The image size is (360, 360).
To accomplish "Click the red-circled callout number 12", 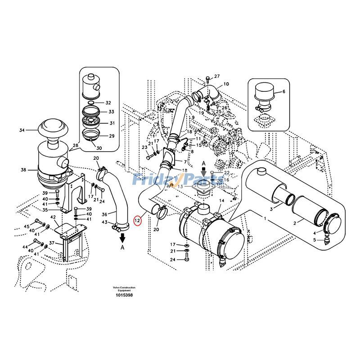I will click(x=138, y=220).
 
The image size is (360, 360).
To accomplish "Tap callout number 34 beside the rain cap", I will click(x=22, y=130).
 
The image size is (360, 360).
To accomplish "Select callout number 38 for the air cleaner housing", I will click(x=23, y=170).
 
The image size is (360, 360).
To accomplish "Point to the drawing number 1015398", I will click(x=124, y=295).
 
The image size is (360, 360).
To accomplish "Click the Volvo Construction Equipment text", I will click(x=124, y=289).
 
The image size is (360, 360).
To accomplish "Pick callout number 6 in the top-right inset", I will click(x=283, y=92).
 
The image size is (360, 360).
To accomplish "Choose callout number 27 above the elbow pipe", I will click(x=216, y=76).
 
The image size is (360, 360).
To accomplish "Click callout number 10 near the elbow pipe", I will click(x=226, y=84).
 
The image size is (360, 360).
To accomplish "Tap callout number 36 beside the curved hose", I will click(x=104, y=214).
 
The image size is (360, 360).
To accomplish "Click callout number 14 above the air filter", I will click(x=221, y=201).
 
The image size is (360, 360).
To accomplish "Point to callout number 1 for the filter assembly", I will click(x=265, y=218).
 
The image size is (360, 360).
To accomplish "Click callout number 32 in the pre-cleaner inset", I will click(x=108, y=103).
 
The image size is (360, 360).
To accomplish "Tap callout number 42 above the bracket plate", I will click(x=53, y=217).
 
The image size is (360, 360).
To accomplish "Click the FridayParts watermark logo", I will click(x=178, y=180).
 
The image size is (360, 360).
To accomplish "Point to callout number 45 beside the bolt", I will click(x=27, y=226).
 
